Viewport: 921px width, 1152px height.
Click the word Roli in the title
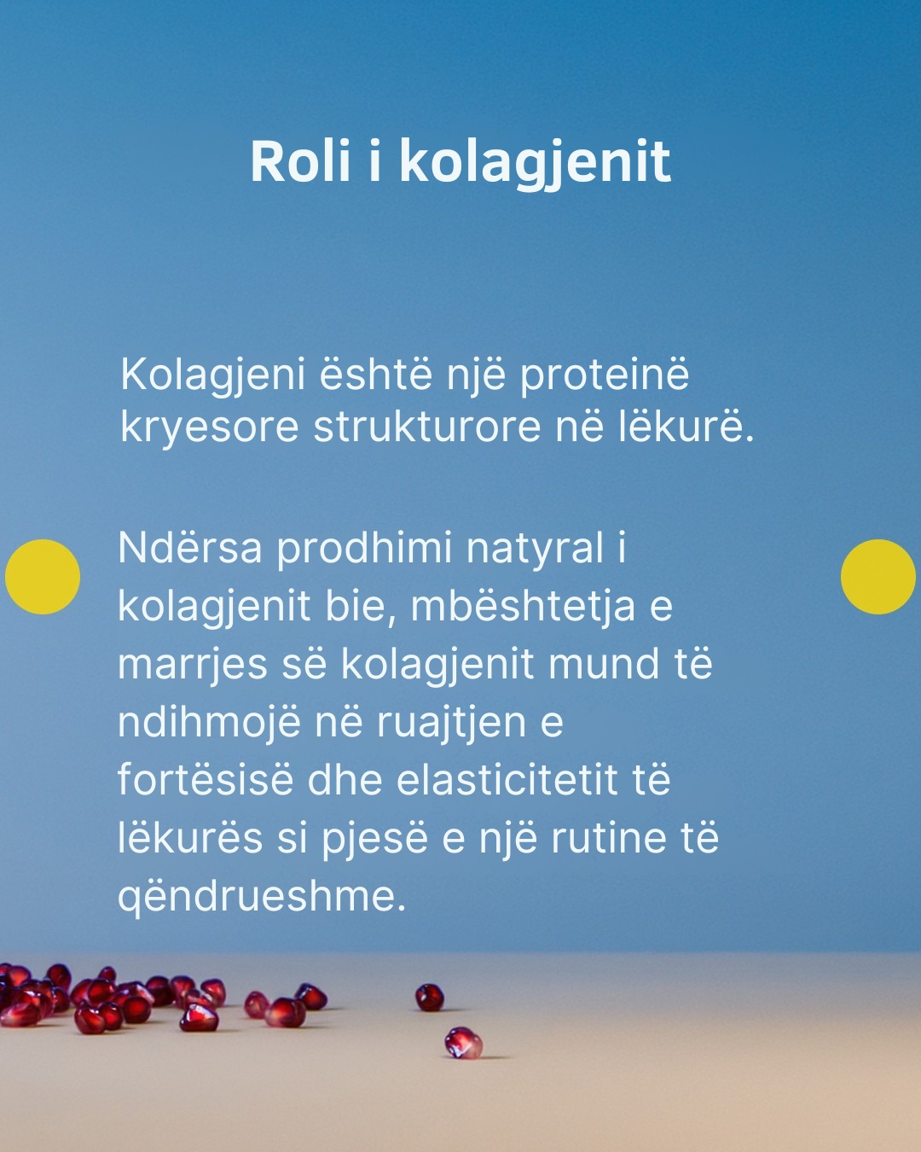click(x=300, y=161)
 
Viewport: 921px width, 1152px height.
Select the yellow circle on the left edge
click(x=43, y=577)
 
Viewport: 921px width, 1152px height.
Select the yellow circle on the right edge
click(x=878, y=577)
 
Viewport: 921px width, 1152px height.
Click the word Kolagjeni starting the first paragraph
click(x=213, y=375)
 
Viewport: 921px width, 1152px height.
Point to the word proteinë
click(x=605, y=375)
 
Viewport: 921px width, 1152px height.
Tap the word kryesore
click(x=209, y=428)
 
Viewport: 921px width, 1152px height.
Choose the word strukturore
click(x=427, y=428)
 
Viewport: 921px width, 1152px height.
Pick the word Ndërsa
click(x=190, y=548)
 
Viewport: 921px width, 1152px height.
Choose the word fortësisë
click(x=206, y=780)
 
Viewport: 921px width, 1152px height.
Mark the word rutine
click(x=609, y=838)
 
